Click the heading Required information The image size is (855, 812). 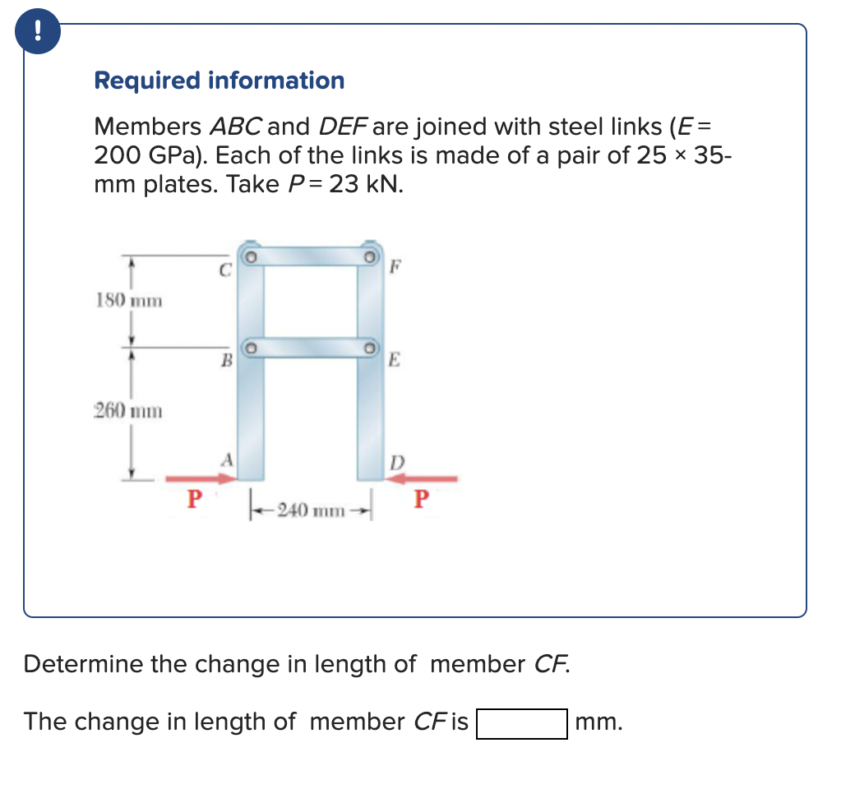pos(219,81)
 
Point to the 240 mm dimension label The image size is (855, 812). pos(310,510)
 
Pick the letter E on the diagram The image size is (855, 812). pos(395,359)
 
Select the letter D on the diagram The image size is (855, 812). pos(396,462)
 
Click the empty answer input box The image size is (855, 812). pos(521,723)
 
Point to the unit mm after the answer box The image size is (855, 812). pos(599,723)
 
